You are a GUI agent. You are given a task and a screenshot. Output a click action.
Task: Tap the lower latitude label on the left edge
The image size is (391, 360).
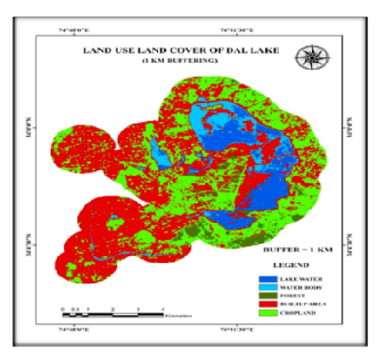[x=37, y=241]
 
